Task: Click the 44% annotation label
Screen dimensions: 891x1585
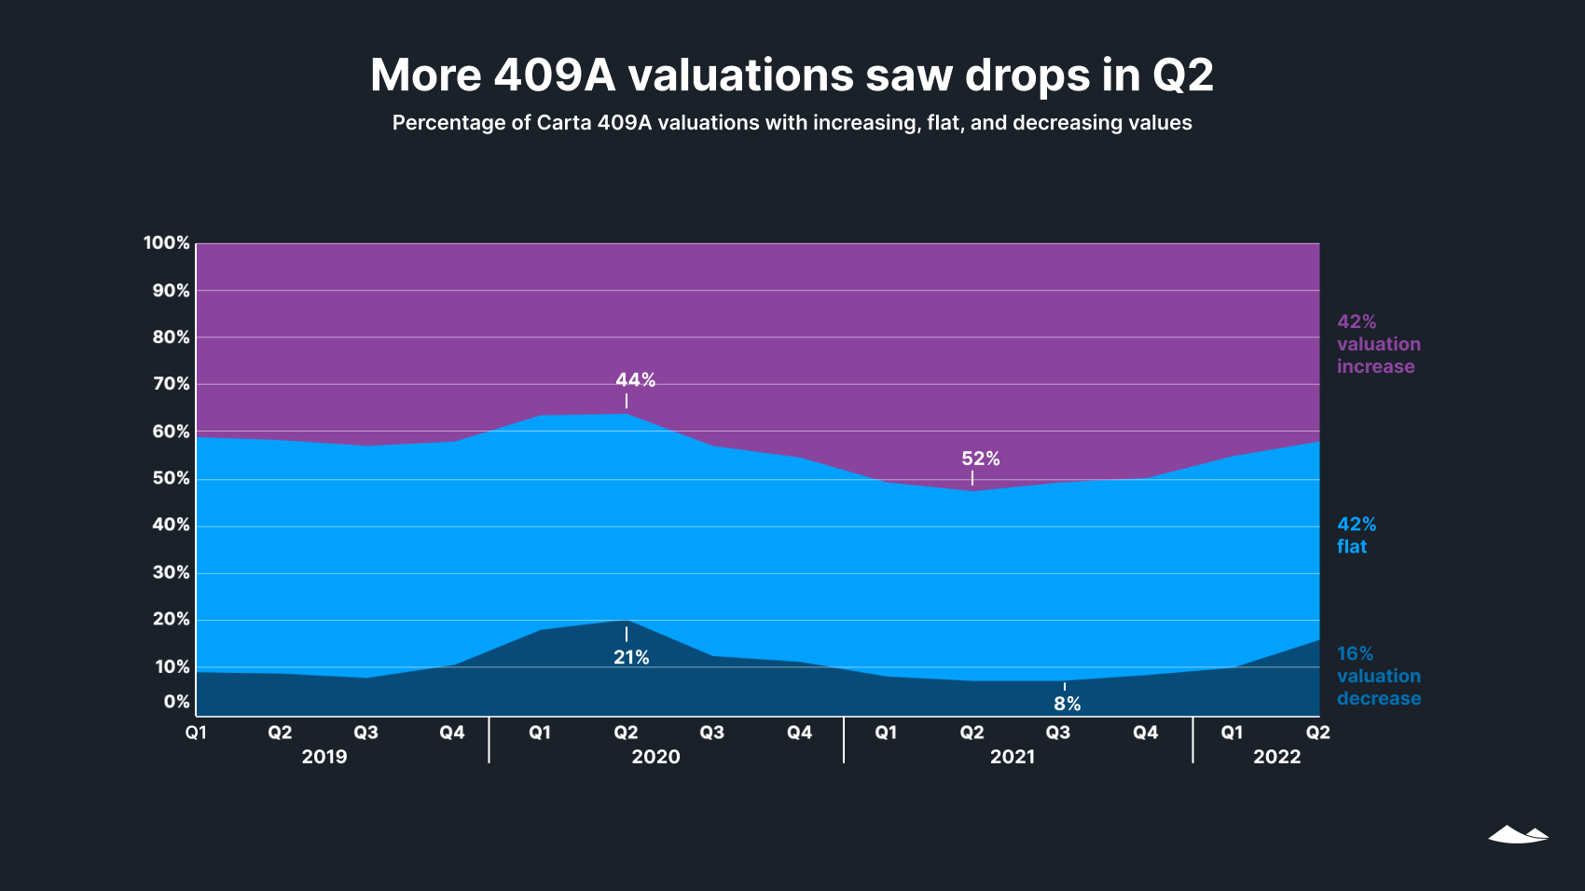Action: pos(635,380)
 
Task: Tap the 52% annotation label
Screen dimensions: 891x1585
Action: pos(980,459)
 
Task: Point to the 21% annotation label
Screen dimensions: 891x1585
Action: pos(631,657)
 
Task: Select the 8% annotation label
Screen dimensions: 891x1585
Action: pos(1067,704)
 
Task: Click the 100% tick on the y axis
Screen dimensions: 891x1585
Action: pos(166,243)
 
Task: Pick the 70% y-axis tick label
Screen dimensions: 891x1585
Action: pos(171,384)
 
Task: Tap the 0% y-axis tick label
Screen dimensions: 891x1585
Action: pos(176,702)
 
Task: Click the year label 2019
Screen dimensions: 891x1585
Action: pos(324,757)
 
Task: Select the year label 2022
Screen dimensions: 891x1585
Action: pos(1276,757)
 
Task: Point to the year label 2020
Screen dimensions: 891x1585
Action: pos(655,757)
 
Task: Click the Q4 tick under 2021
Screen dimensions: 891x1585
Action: pos(1145,733)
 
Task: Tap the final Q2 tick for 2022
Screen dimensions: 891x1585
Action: pos(1317,733)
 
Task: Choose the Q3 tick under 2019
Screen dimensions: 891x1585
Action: pos(365,733)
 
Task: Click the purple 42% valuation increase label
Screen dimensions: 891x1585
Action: pos(1378,344)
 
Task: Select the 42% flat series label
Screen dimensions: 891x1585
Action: pos(1356,535)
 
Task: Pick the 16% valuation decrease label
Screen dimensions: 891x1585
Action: pos(1378,676)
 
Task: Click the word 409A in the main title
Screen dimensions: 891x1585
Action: pos(555,75)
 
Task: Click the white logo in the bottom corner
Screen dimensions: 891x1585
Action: pos(1518,834)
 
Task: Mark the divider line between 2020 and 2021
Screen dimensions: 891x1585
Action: pos(844,740)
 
